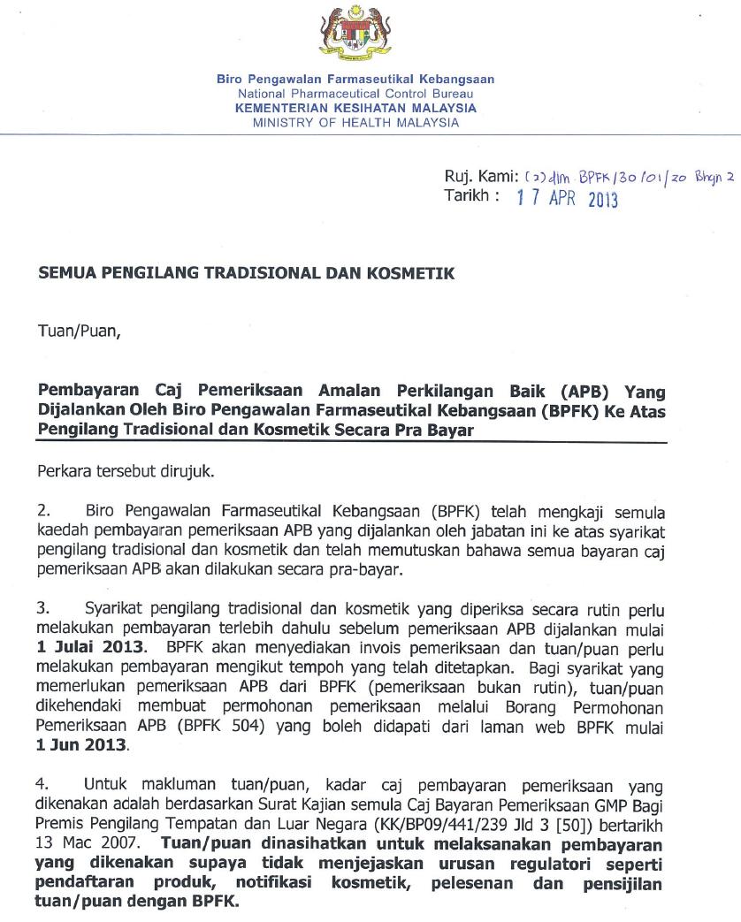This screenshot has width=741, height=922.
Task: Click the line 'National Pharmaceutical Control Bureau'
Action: tap(355, 94)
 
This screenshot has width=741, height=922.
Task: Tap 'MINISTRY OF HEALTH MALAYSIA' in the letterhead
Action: tap(355, 123)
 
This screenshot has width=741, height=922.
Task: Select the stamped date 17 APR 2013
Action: tap(567, 199)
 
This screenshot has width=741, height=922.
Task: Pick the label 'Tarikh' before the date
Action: tap(465, 196)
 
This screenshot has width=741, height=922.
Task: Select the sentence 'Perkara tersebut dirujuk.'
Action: tap(126, 472)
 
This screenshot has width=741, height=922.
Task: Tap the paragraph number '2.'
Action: tap(44, 511)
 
